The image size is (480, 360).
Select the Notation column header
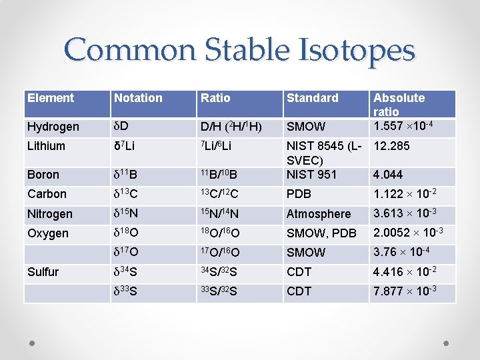pos(138,98)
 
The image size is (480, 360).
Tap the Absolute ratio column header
pos(399,104)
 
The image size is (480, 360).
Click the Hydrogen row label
pos(53,127)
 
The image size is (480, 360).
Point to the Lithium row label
pos(47,146)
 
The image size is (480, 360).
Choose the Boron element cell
pos(43,175)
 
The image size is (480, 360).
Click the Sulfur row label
pos(43,272)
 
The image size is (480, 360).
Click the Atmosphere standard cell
pos(318,214)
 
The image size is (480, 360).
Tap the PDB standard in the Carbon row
pos(298,194)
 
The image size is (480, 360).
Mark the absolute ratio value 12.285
pos(391,146)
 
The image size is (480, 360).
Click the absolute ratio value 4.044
pos(388,175)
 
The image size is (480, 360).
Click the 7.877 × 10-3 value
pos(405,291)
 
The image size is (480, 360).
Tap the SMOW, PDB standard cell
pos(321,233)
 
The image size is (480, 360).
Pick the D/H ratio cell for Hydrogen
pos(231,127)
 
